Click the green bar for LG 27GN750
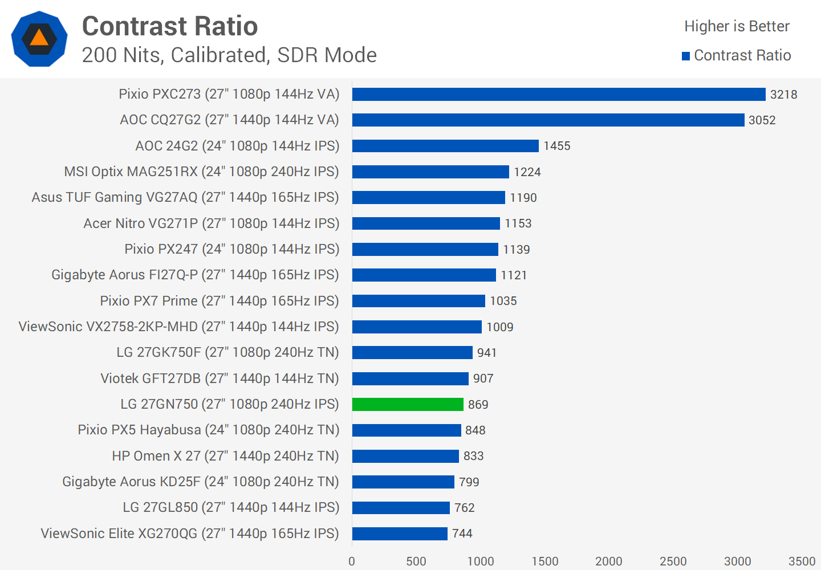(408, 404)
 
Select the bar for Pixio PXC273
(559, 94)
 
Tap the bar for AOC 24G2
(445, 146)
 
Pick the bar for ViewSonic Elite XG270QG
(400, 534)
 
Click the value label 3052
(762, 120)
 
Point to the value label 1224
(527, 172)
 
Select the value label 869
(478, 405)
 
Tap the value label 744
(462, 534)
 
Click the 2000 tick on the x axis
(609, 561)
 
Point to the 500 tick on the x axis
(416, 561)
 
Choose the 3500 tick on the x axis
(802, 561)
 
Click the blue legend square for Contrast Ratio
(686, 56)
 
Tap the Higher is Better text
(737, 26)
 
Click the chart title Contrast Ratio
(170, 26)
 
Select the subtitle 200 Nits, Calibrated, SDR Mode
(229, 55)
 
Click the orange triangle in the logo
(39, 38)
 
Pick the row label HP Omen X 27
(225, 456)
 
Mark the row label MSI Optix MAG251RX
(201, 172)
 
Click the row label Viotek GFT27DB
(220, 378)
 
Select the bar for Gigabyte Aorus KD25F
(403, 482)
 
